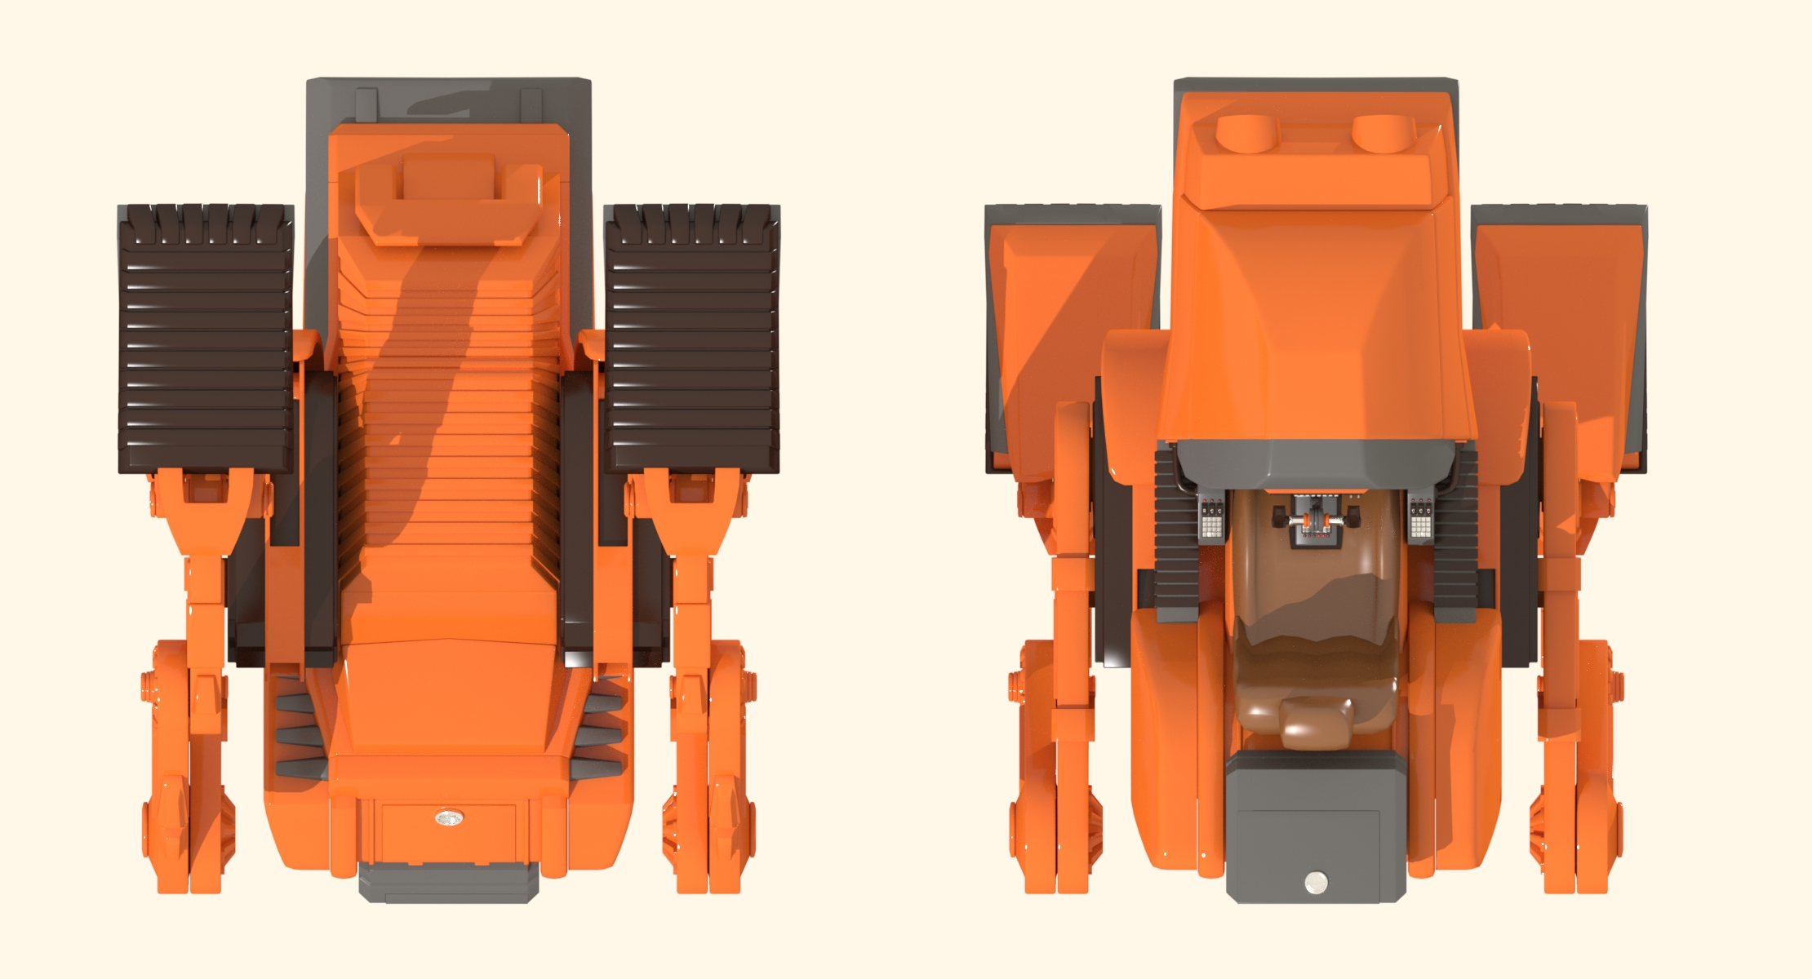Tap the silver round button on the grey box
[x=1315, y=882]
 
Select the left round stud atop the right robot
[x=1246, y=133]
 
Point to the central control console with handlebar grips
[x=1316, y=522]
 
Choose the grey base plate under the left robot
[x=448, y=883]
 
